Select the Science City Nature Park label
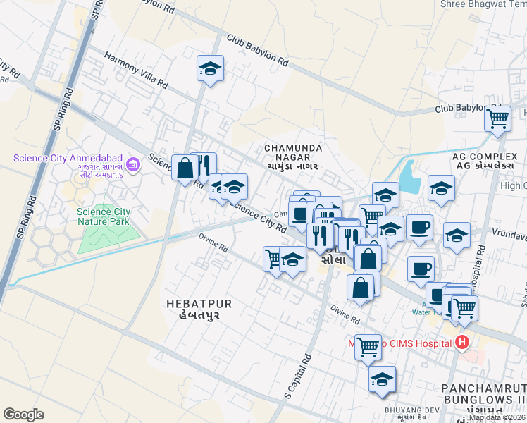click(104, 216)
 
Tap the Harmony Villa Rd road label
click(135, 70)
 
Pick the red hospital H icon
click(462, 343)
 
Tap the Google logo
click(23, 415)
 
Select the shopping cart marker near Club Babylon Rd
click(497, 118)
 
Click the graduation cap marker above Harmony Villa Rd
click(210, 68)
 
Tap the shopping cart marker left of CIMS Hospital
click(368, 346)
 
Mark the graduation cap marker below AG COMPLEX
click(441, 188)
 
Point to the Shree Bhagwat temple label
click(483, 4)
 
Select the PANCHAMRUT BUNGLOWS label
click(483, 395)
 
